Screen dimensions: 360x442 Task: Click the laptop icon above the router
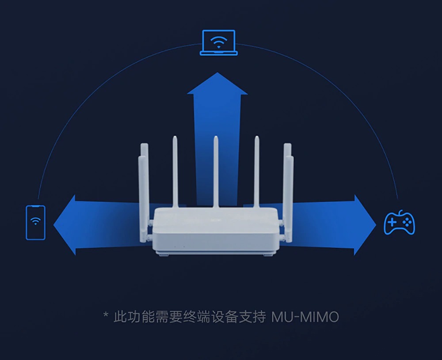(218, 43)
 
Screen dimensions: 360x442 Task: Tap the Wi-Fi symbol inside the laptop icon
(218, 42)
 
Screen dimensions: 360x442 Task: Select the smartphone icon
(35, 223)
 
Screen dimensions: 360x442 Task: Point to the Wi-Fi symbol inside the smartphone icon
(35, 221)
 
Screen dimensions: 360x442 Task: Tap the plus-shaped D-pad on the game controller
(392, 223)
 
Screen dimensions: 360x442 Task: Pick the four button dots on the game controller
(407, 223)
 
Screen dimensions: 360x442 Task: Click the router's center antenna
(216, 172)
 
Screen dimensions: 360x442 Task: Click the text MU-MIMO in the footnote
(305, 317)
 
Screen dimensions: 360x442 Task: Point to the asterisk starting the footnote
(105, 315)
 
